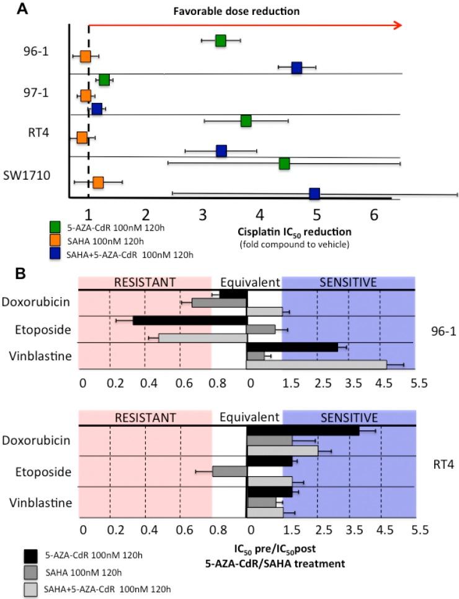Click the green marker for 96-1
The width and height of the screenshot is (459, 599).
(x=220, y=41)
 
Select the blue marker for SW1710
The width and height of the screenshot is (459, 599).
(x=314, y=193)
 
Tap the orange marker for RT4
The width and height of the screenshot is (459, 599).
(x=82, y=137)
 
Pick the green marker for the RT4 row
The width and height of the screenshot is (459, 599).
(x=246, y=120)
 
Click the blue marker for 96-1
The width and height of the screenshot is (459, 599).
(x=296, y=67)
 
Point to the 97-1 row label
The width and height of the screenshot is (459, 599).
(x=36, y=92)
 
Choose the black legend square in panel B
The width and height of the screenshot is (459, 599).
(x=31, y=554)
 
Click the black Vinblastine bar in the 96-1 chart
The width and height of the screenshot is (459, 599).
(x=292, y=347)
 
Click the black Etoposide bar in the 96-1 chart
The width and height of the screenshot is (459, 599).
(x=190, y=321)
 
